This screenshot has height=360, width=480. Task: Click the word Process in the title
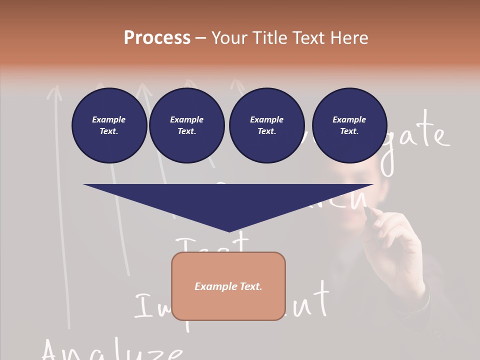pyautogui.click(x=157, y=37)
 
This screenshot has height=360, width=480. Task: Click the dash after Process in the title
pyautogui.click(x=200, y=38)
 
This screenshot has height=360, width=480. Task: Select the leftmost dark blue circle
pyautogui.click(x=109, y=125)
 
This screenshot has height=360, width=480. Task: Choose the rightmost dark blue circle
pyautogui.click(x=349, y=125)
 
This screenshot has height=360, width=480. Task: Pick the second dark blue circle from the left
pyautogui.click(x=186, y=125)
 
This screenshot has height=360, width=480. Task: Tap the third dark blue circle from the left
pyautogui.click(x=266, y=125)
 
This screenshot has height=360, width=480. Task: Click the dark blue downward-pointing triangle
pyautogui.click(x=228, y=202)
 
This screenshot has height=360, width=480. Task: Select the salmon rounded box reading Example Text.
pyautogui.click(x=228, y=286)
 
